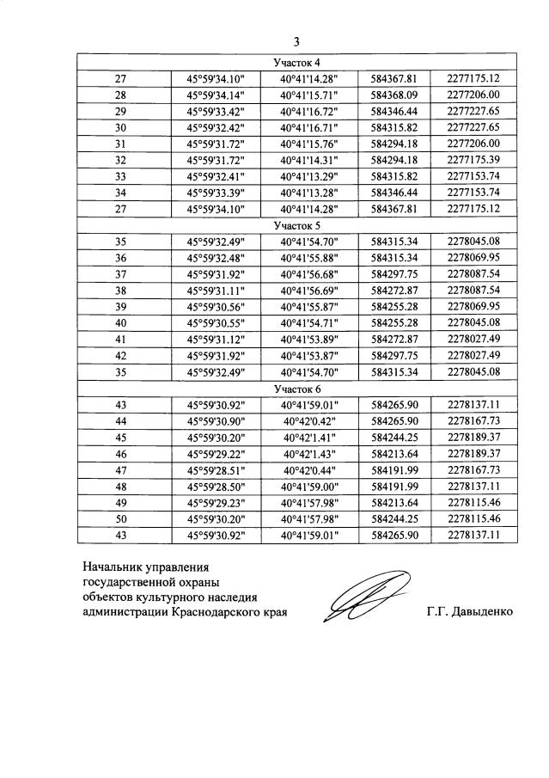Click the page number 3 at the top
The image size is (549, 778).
click(296, 40)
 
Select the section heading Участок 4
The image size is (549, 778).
click(296, 63)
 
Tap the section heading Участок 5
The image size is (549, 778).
click(296, 225)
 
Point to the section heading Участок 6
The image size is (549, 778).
click(296, 388)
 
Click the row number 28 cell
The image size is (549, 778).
click(120, 95)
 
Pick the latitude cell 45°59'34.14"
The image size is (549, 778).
click(216, 95)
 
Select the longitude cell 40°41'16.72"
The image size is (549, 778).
click(310, 112)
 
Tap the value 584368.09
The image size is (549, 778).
click(393, 95)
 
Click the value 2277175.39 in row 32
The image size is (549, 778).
click(473, 160)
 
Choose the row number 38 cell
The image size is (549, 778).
click(120, 290)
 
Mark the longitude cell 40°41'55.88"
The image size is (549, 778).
click(310, 258)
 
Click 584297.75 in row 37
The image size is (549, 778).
click(393, 273)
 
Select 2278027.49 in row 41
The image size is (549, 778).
click(473, 339)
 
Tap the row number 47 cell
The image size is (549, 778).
click(120, 469)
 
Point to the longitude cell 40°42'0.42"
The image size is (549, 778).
click(310, 420)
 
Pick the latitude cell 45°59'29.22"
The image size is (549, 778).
click(216, 452)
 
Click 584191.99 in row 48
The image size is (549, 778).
click(393, 485)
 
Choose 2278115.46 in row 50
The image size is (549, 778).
click(473, 518)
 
